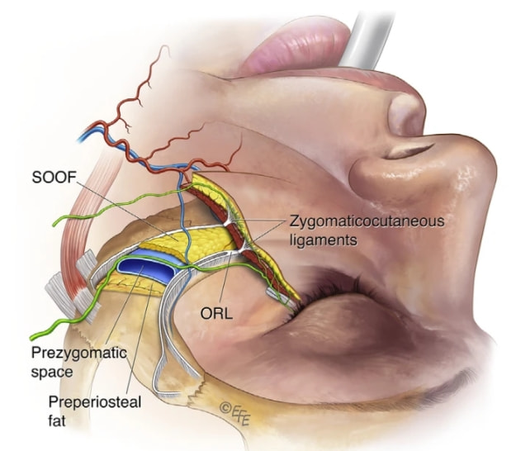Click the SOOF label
(54, 178)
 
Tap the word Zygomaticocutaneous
(367, 221)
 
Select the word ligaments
(323, 240)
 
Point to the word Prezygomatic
(79, 354)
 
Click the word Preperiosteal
(95, 402)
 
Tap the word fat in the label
(57, 420)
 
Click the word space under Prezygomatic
(52, 373)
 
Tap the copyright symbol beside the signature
(225, 408)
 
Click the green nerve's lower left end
(32, 338)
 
